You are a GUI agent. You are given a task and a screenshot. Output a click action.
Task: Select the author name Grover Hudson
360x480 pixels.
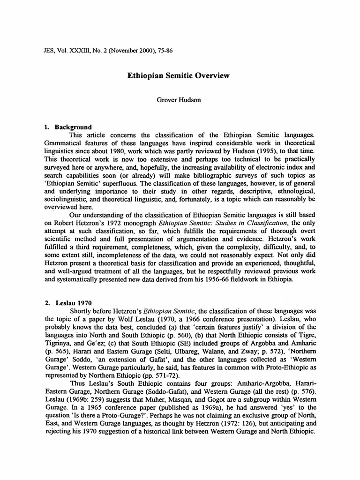180,100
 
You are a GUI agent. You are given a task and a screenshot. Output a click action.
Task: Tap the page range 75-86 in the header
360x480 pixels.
165,50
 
